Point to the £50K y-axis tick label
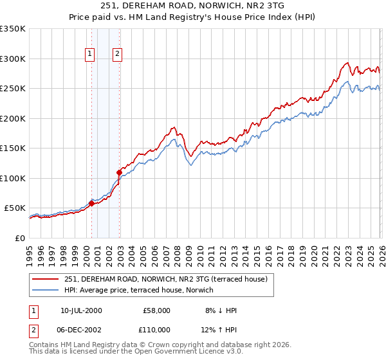click(14, 208)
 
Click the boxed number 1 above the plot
click(89, 55)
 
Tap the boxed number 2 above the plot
click(118, 55)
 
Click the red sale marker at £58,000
click(91, 204)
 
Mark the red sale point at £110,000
click(119, 172)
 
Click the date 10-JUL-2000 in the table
click(82, 310)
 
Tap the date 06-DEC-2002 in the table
click(82, 329)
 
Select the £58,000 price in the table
click(157, 310)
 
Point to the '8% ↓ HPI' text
click(221, 310)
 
